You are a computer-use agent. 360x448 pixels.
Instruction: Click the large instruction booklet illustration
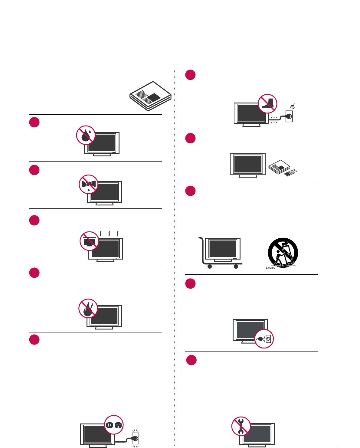pyautogui.click(x=150, y=96)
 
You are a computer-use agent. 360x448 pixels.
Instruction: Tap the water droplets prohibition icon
pyautogui.click(x=86, y=135)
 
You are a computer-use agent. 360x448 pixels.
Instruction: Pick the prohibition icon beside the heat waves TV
pyautogui.click(x=90, y=241)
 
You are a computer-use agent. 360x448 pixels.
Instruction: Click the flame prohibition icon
pyautogui.click(x=88, y=309)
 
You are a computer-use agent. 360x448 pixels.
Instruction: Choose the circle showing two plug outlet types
pyautogui.click(x=114, y=425)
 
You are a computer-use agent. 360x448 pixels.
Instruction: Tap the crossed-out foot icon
pyautogui.click(x=267, y=103)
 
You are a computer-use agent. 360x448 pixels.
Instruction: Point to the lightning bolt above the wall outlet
pyautogui.click(x=292, y=106)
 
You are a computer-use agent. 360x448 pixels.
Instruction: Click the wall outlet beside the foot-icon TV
pyautogui.click(x=289, y=116)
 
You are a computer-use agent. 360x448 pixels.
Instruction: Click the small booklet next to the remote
pyautogui.click(x=279, y=166)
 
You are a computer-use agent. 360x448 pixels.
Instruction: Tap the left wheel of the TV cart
pyautogui.click(x=209, y=267)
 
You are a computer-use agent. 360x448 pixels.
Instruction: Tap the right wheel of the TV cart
pyautogui.click(x=236, y=267)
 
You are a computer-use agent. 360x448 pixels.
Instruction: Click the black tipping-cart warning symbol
pyautogui.click(x=283, y=252)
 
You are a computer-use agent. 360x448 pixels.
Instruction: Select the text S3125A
pyautogui.click(x=270, y=268)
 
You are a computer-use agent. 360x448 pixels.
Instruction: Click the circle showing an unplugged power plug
pyautogui.click(x=264, y=339)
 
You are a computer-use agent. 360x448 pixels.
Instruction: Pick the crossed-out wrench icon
pyautogui.click(x=241, y=426)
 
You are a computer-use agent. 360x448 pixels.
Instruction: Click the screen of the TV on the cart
pyautogui.click(x=223, y=248)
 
